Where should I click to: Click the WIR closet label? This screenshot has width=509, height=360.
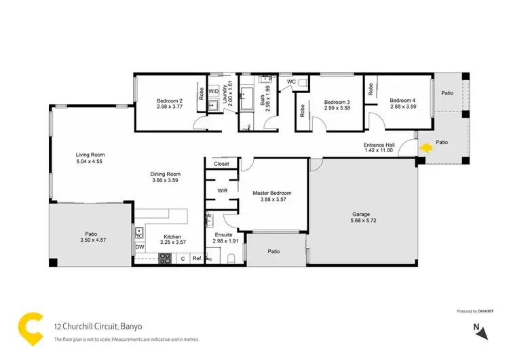coord(222,191)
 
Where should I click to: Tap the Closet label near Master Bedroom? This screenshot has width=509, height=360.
coord(221,164)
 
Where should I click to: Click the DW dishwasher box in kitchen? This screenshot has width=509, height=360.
coord(140,247)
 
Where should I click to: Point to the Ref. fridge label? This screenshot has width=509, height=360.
coord(197,259)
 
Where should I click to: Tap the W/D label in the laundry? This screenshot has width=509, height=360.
coord(214,90)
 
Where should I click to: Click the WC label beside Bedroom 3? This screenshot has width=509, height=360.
coord(291,82)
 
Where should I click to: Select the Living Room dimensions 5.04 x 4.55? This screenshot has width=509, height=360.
coord(90,162)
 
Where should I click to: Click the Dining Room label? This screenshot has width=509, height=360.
coord(165,174)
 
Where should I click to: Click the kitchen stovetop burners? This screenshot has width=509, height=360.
coord(165,257)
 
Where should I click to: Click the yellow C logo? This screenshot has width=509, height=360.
coord(31,328)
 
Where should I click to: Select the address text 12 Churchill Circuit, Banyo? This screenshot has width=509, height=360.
coord(98,325)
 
